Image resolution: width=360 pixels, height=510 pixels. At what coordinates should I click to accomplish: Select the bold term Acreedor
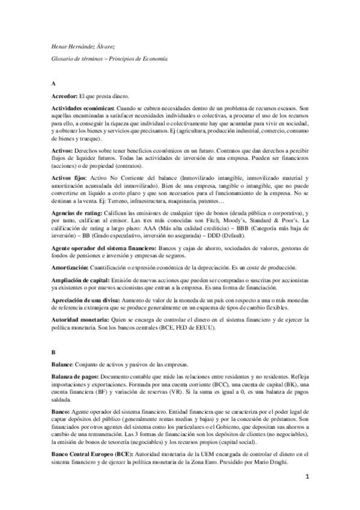point(64,96)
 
